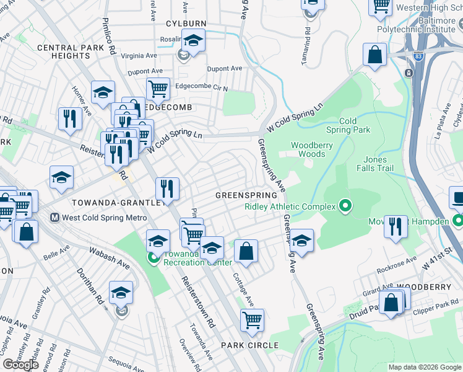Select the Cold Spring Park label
pyautogui.click(x=355, y=125)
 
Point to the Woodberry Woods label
pyautogui.click(x=312, y=149)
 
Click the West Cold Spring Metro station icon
pyautogui.click(x=54, y=218)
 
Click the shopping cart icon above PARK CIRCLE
pyautogui.click(x=251, y=320)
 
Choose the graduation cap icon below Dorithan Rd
pyautogui.click(x=121, y=292)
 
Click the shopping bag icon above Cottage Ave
pyautogui.click(x=246, y=251)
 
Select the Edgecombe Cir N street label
pyautogui.click(x=202, y=87)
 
